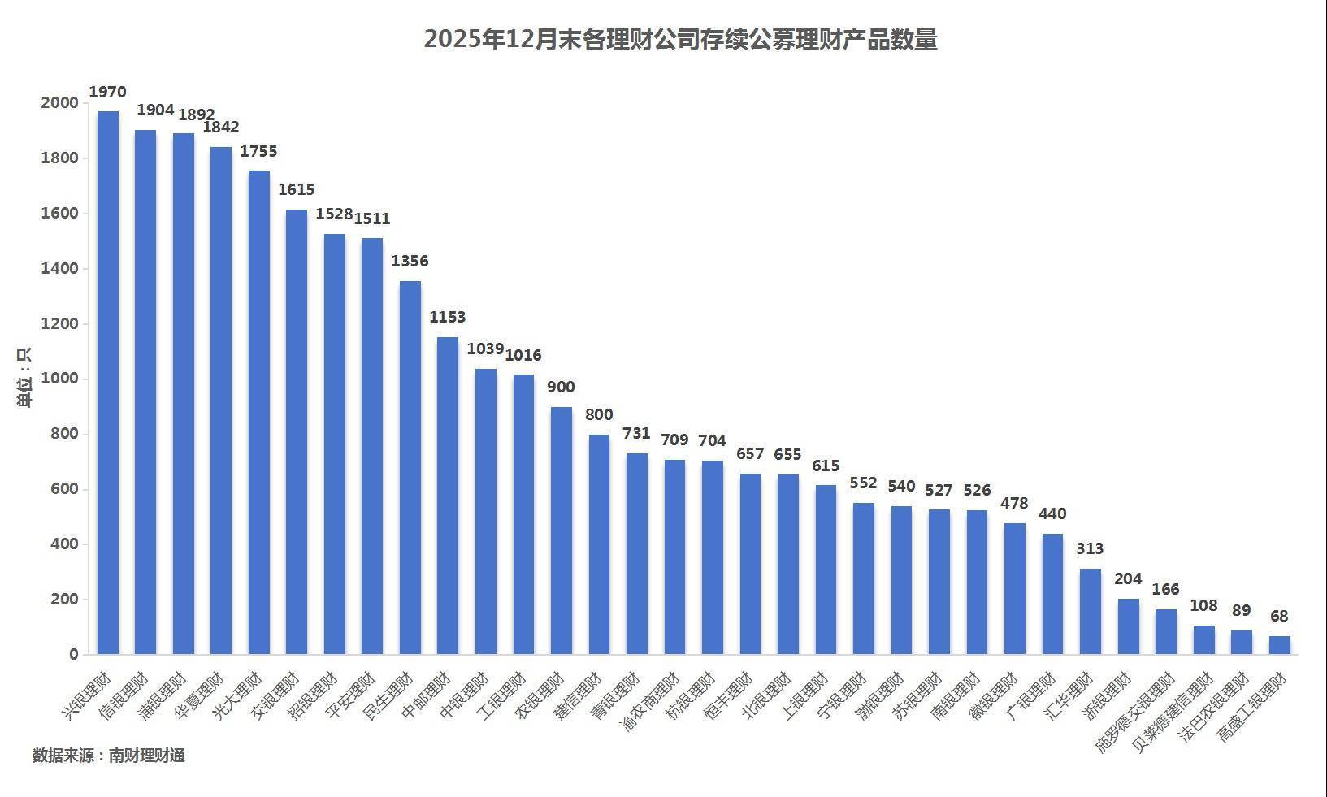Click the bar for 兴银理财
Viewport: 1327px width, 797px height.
click(x=108, y=382)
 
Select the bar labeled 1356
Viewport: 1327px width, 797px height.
click(x=410, y=467)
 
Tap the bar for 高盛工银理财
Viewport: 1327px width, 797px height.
click(x=1279, y=645)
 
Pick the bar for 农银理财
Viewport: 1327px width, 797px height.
click(x=562, y=530)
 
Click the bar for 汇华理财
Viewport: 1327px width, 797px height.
click(x=1091, y=611)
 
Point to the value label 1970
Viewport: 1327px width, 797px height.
click(x=107, y=92)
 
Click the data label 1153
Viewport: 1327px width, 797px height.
click(x=448, y=317)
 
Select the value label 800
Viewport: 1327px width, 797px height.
click(x=599, y=414)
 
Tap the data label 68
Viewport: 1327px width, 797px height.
click(x=1279, y=616)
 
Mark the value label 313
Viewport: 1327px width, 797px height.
click(x=1090, y=548)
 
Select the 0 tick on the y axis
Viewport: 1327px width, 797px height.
click(x=74, y=654)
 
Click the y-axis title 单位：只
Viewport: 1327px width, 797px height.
click(x=24, y=378)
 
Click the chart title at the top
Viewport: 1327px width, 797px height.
click(x=680, y=39)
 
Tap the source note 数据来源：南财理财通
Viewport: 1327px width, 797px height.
click(x=109, y=756)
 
